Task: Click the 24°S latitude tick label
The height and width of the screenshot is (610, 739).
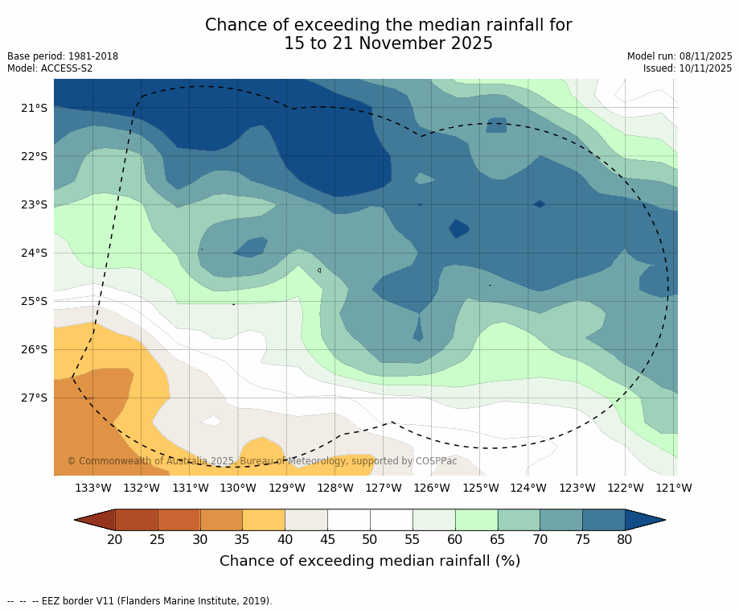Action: pos(34,253)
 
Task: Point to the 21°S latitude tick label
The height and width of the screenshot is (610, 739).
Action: pos(34,108)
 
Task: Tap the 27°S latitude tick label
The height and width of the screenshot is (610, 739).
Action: pos(34,398)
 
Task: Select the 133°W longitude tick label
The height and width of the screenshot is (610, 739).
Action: pos(93,488)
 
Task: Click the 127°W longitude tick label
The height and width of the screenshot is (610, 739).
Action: pos(384,488)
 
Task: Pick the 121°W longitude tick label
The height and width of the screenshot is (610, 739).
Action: pos(674,488)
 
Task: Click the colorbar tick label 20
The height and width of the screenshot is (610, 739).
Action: pos(115,539)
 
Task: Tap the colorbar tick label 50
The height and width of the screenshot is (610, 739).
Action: pos(370,539)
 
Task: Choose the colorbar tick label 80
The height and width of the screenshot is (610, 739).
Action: pos(625,539)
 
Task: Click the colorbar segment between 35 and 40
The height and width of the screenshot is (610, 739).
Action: pos(264,520)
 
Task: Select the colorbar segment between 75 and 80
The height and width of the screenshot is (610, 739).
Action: pos(604,520)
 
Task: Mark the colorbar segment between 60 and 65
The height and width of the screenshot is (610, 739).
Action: pos(476,520)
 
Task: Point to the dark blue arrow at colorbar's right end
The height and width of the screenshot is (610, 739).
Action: pos(644,520)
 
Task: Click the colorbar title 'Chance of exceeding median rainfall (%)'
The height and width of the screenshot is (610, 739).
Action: pos(370,561)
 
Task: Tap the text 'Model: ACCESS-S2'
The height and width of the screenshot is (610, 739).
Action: pos(50,68)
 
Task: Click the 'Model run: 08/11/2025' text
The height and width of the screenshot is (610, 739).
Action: pos(679,56)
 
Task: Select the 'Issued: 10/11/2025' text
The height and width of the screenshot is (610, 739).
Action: pos(688,68)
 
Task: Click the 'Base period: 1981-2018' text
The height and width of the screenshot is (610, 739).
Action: pos(63,56)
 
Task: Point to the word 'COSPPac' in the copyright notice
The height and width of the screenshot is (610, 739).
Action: pos(436,461)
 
